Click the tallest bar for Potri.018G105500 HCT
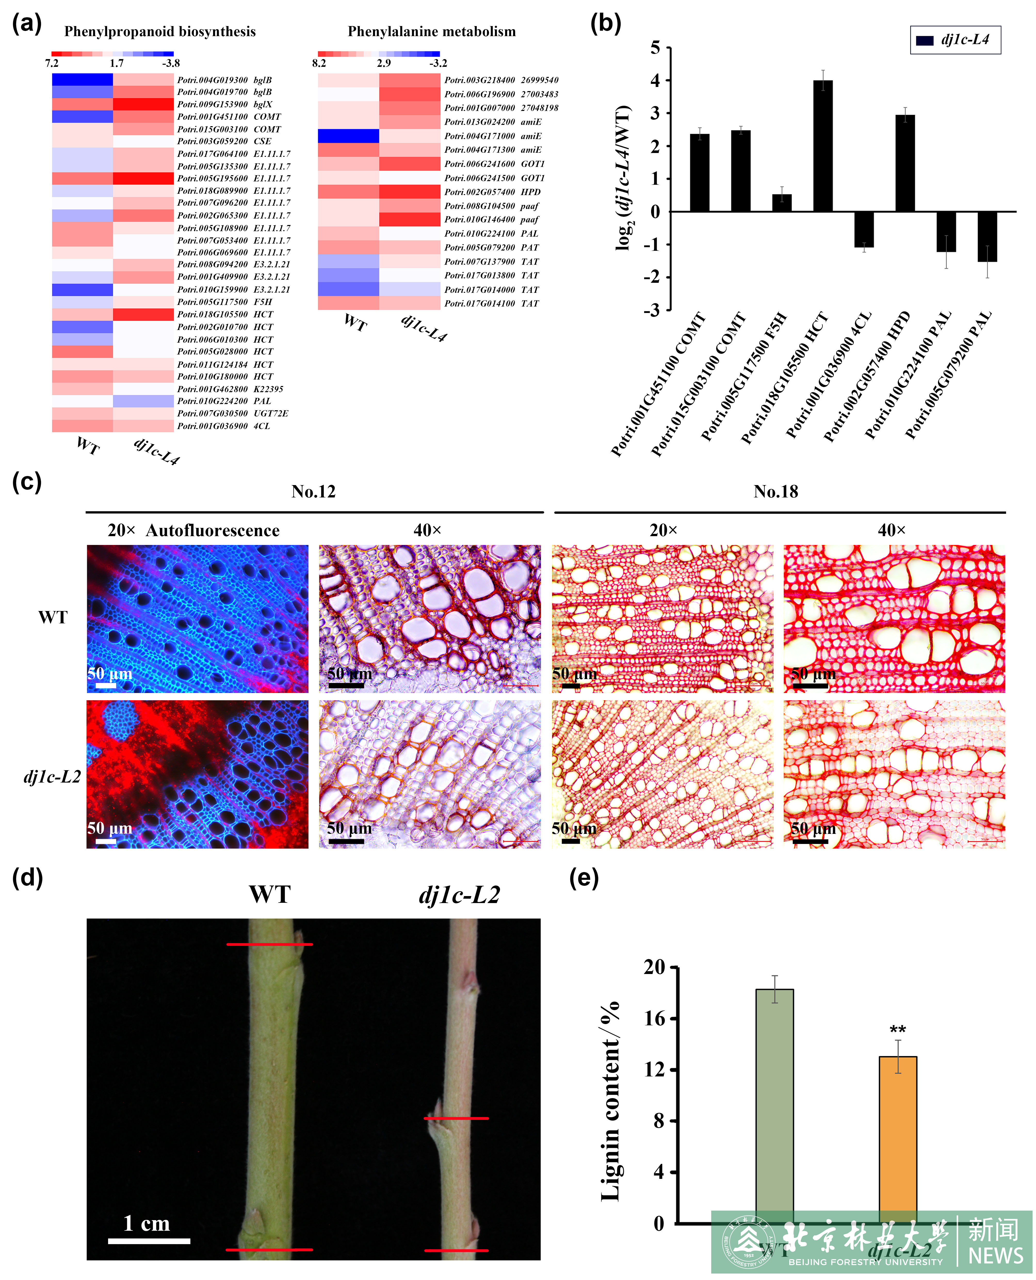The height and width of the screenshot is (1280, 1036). pos(823,146)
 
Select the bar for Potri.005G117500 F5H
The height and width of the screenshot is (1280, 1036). pos(782,203)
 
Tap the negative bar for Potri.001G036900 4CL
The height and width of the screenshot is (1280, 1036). pos(863,229)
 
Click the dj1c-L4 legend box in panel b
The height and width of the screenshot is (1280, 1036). pos(955,40)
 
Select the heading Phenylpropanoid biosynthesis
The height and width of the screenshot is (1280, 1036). pos(160,32)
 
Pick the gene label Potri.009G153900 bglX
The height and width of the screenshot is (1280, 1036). pos(224,104)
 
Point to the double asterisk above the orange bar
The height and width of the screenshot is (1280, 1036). pos(897,1031)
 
